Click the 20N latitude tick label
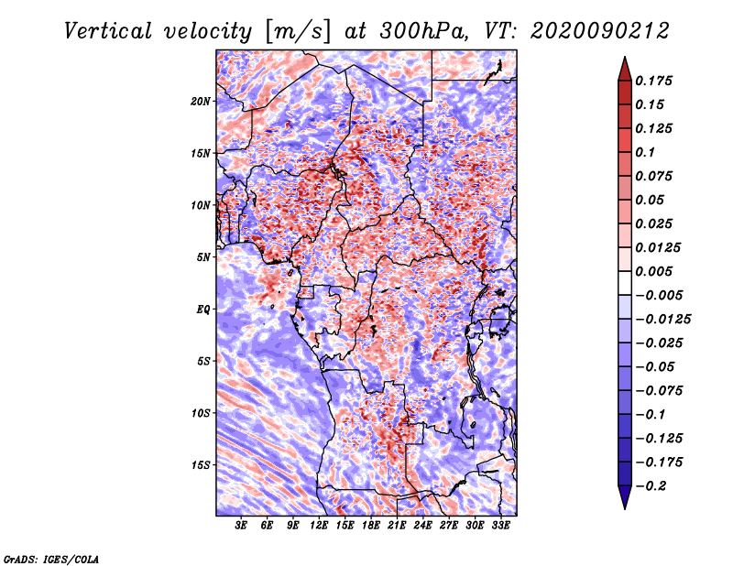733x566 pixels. coord(201,101)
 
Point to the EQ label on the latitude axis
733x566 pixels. coord(202,309)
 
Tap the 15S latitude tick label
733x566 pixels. coord(201,464)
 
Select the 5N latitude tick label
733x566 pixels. coord(203,257)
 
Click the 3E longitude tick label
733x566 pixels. coord(242,527)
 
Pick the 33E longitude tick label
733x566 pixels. coord(500,527)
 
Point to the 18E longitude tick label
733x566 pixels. coord(371,527)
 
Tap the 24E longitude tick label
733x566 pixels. coord(422,527)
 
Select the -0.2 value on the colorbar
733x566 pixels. coord(651,485)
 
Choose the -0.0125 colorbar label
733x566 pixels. coord(663,319)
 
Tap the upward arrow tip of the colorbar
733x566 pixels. coord(624,60)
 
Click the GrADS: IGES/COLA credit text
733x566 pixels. coord(50,558)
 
